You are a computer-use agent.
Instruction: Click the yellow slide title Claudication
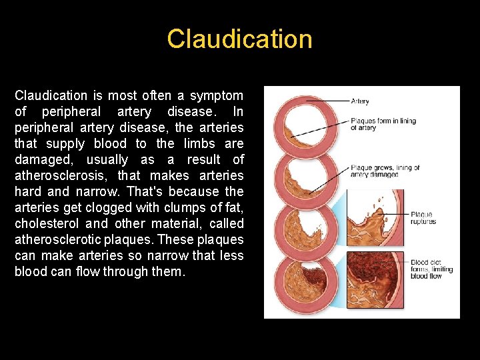(x=239, y=39)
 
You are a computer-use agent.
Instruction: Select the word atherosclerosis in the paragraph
(x=63, y=176)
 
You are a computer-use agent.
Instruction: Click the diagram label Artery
(x=360, y=102)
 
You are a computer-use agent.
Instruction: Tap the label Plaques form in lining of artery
(x=384, y=124)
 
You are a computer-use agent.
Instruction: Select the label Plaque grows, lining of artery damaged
(x=385, y=171)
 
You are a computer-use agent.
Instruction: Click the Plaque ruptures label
(x=423, y=218)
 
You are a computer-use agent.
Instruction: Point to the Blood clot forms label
(x=431, y=269)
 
